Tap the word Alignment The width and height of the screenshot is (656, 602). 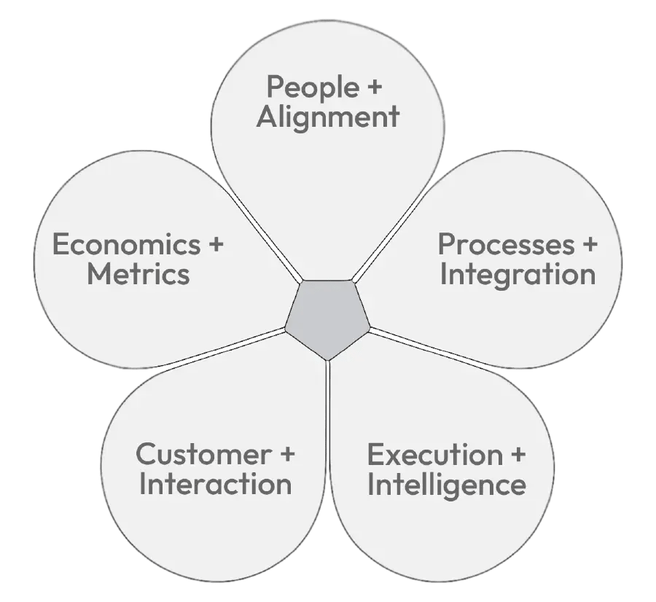328,117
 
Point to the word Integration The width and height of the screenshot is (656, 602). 518,275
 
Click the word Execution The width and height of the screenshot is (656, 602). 434,455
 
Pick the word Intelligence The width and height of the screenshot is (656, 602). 446,485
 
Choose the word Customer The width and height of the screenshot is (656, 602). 202,455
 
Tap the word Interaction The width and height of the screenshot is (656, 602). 215,485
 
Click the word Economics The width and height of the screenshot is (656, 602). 126,245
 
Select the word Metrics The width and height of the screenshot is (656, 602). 138,275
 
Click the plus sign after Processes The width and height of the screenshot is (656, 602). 587,246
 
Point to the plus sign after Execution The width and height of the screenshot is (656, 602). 517,455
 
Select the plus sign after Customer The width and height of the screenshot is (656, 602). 286,455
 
